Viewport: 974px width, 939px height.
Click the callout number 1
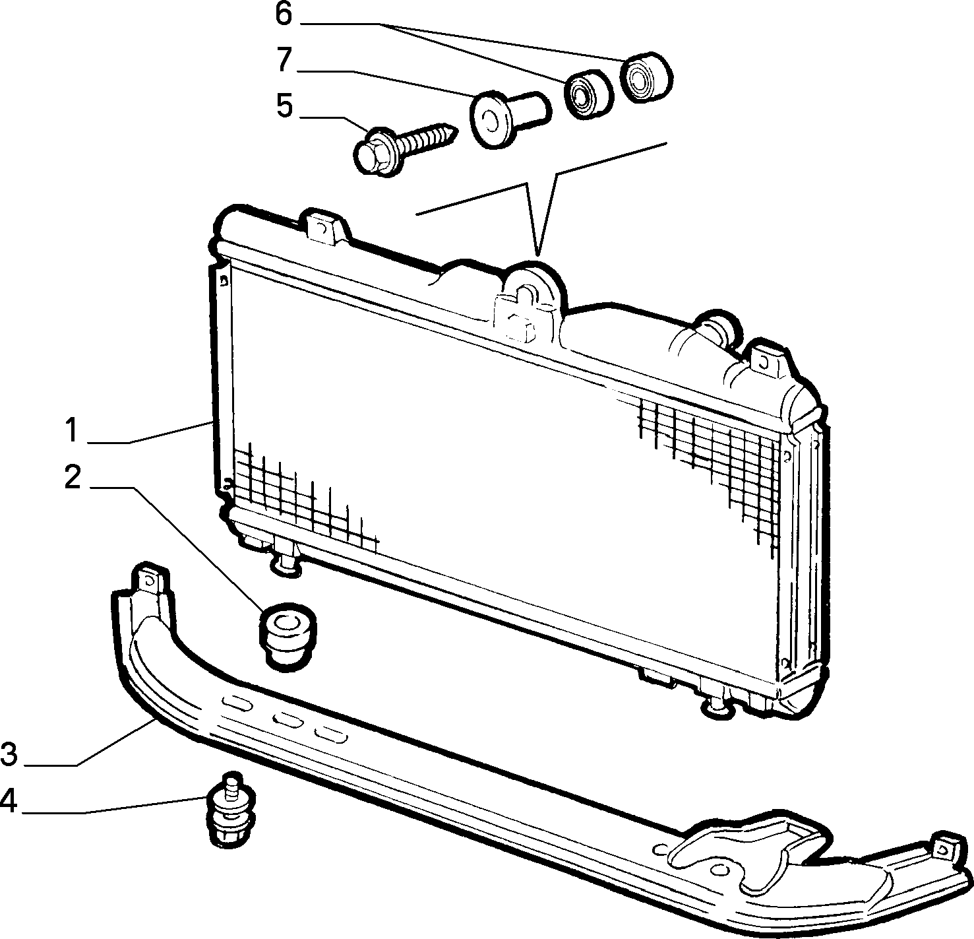pyautogui.click(x=73, y=430)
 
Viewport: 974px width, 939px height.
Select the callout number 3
pyautogui.click(x=9, y=755)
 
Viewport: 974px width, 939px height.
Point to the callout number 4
pyautogui.click(x=9, y=800)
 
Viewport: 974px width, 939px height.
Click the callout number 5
pyautogui.click(x=284, y=106)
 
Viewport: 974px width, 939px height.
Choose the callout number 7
pyautogui.click(x=284, y=59)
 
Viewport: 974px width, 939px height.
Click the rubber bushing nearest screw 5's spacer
pyautogui.click(x=589, y=94)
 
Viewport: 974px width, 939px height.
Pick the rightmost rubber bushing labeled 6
pyautogui.click(x=646, y=77)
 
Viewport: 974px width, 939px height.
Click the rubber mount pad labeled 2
pyautogui.click(x=288, y=635)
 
